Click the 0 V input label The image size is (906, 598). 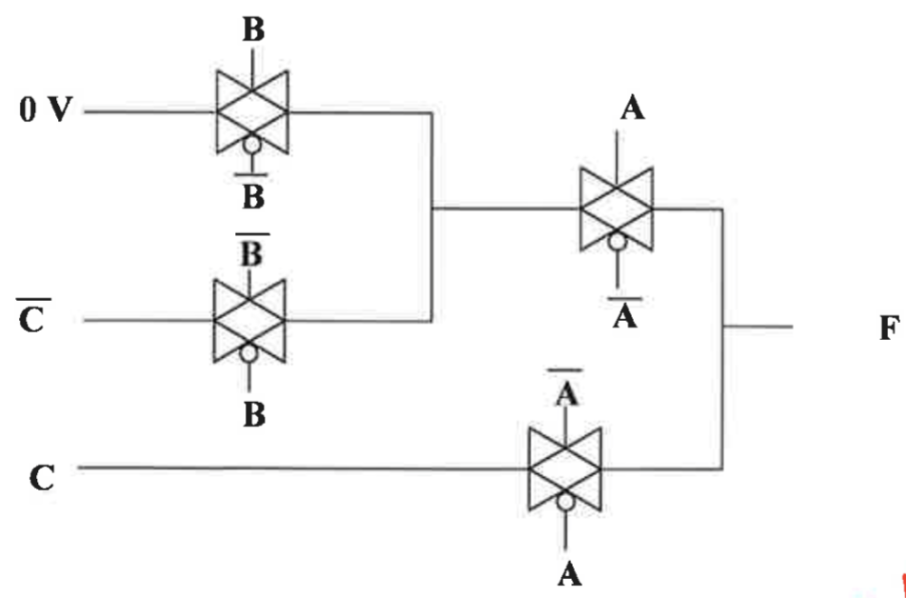(x=44, y=111)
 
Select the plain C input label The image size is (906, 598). (x=41, y=476)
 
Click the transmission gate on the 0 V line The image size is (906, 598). (x=252, y=111)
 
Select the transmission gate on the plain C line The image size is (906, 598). (x=566, y=468)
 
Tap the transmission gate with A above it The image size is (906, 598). (x=617, y=207)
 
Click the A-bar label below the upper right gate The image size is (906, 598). (x=624, y=312)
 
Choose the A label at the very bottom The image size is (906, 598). (x=567, y=573)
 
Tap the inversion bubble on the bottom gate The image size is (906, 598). (x=566, y=502)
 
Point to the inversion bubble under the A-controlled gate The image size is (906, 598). (x=617, y=242)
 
